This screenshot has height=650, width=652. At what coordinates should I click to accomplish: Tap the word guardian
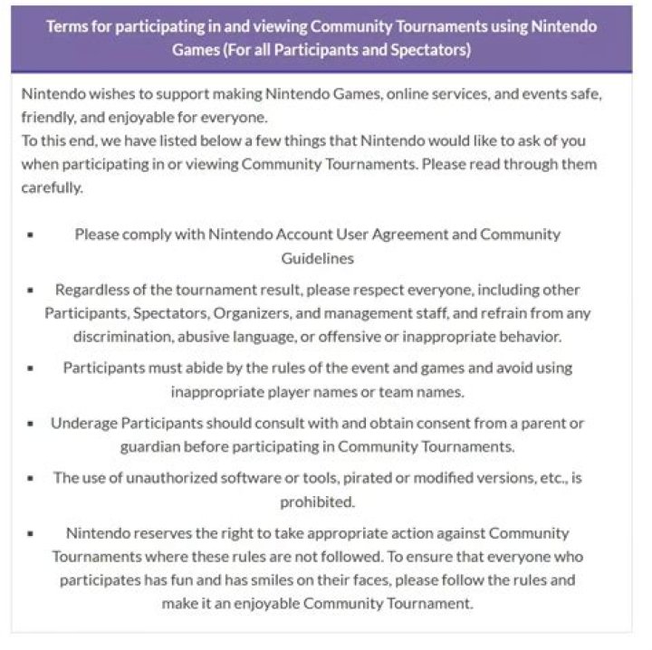tap(151, 446)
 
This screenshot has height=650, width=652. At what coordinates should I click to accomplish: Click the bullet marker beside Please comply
tap(30, 234)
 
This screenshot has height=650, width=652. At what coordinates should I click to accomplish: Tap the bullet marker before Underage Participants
tap(30, 423)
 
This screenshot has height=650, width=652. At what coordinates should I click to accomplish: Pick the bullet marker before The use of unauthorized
tap(30, 478)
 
